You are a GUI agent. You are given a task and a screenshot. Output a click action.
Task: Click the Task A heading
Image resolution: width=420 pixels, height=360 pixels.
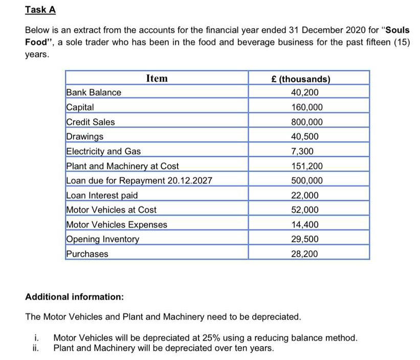pyautogui.click(x=40, y=10)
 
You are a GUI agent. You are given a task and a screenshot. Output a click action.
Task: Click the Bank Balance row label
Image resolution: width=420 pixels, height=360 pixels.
pyautogui.click(x=94, y=93)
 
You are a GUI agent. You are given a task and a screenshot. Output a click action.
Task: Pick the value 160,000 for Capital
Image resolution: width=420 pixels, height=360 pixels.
pyautogui.click(x=306, y=108)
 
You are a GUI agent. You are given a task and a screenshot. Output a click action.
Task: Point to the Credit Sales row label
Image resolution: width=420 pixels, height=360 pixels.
pyautogui.click(x=91, y=122)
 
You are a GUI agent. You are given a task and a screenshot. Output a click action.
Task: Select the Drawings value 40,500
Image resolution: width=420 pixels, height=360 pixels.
pyautogui.click(x=304, y=137)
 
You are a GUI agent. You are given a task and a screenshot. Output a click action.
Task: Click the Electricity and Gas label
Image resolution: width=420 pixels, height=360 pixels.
pyautogui.click(x=103, y=152)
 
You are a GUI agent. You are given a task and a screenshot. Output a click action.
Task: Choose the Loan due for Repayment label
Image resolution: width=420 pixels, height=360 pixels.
pyautogui.click(x=139, y=181)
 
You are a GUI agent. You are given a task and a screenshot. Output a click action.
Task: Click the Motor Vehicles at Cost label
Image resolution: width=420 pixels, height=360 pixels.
pyautogui.click(x=112, y=210)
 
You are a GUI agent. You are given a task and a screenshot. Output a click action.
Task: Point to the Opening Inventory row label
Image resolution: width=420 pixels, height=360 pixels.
pyautogui.click(x=102, y=240)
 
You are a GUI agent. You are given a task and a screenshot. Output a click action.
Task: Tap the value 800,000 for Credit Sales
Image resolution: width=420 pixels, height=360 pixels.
pyautogui.click(x=306, y=122)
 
